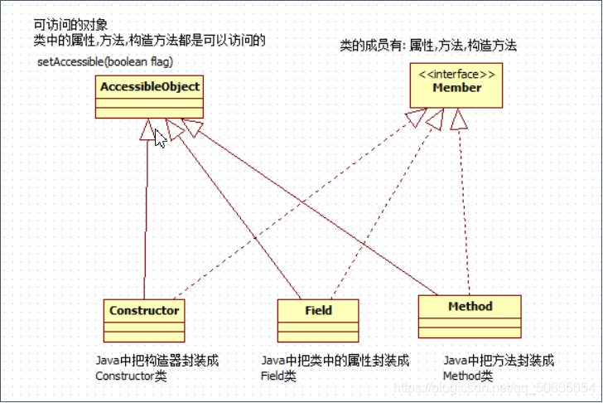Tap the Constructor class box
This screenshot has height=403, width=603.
pyautogui.click(x=144, y=318)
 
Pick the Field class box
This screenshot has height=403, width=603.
pyautogui.click(x=318, y=318)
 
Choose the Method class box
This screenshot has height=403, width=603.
pyautogui.click(x=470, y=315)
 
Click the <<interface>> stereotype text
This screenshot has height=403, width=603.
pyautogui.click(x=456, y=75)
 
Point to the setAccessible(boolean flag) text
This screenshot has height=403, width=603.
pyautogui.click(x=104, y=62)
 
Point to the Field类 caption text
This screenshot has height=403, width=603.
pyautogui.click(x=279, y=376)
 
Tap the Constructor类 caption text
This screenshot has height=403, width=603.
pyautogui.click(x=131, y=376)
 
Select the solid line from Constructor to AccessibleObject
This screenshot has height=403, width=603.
pyautogui.click(x=147, y=216)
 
